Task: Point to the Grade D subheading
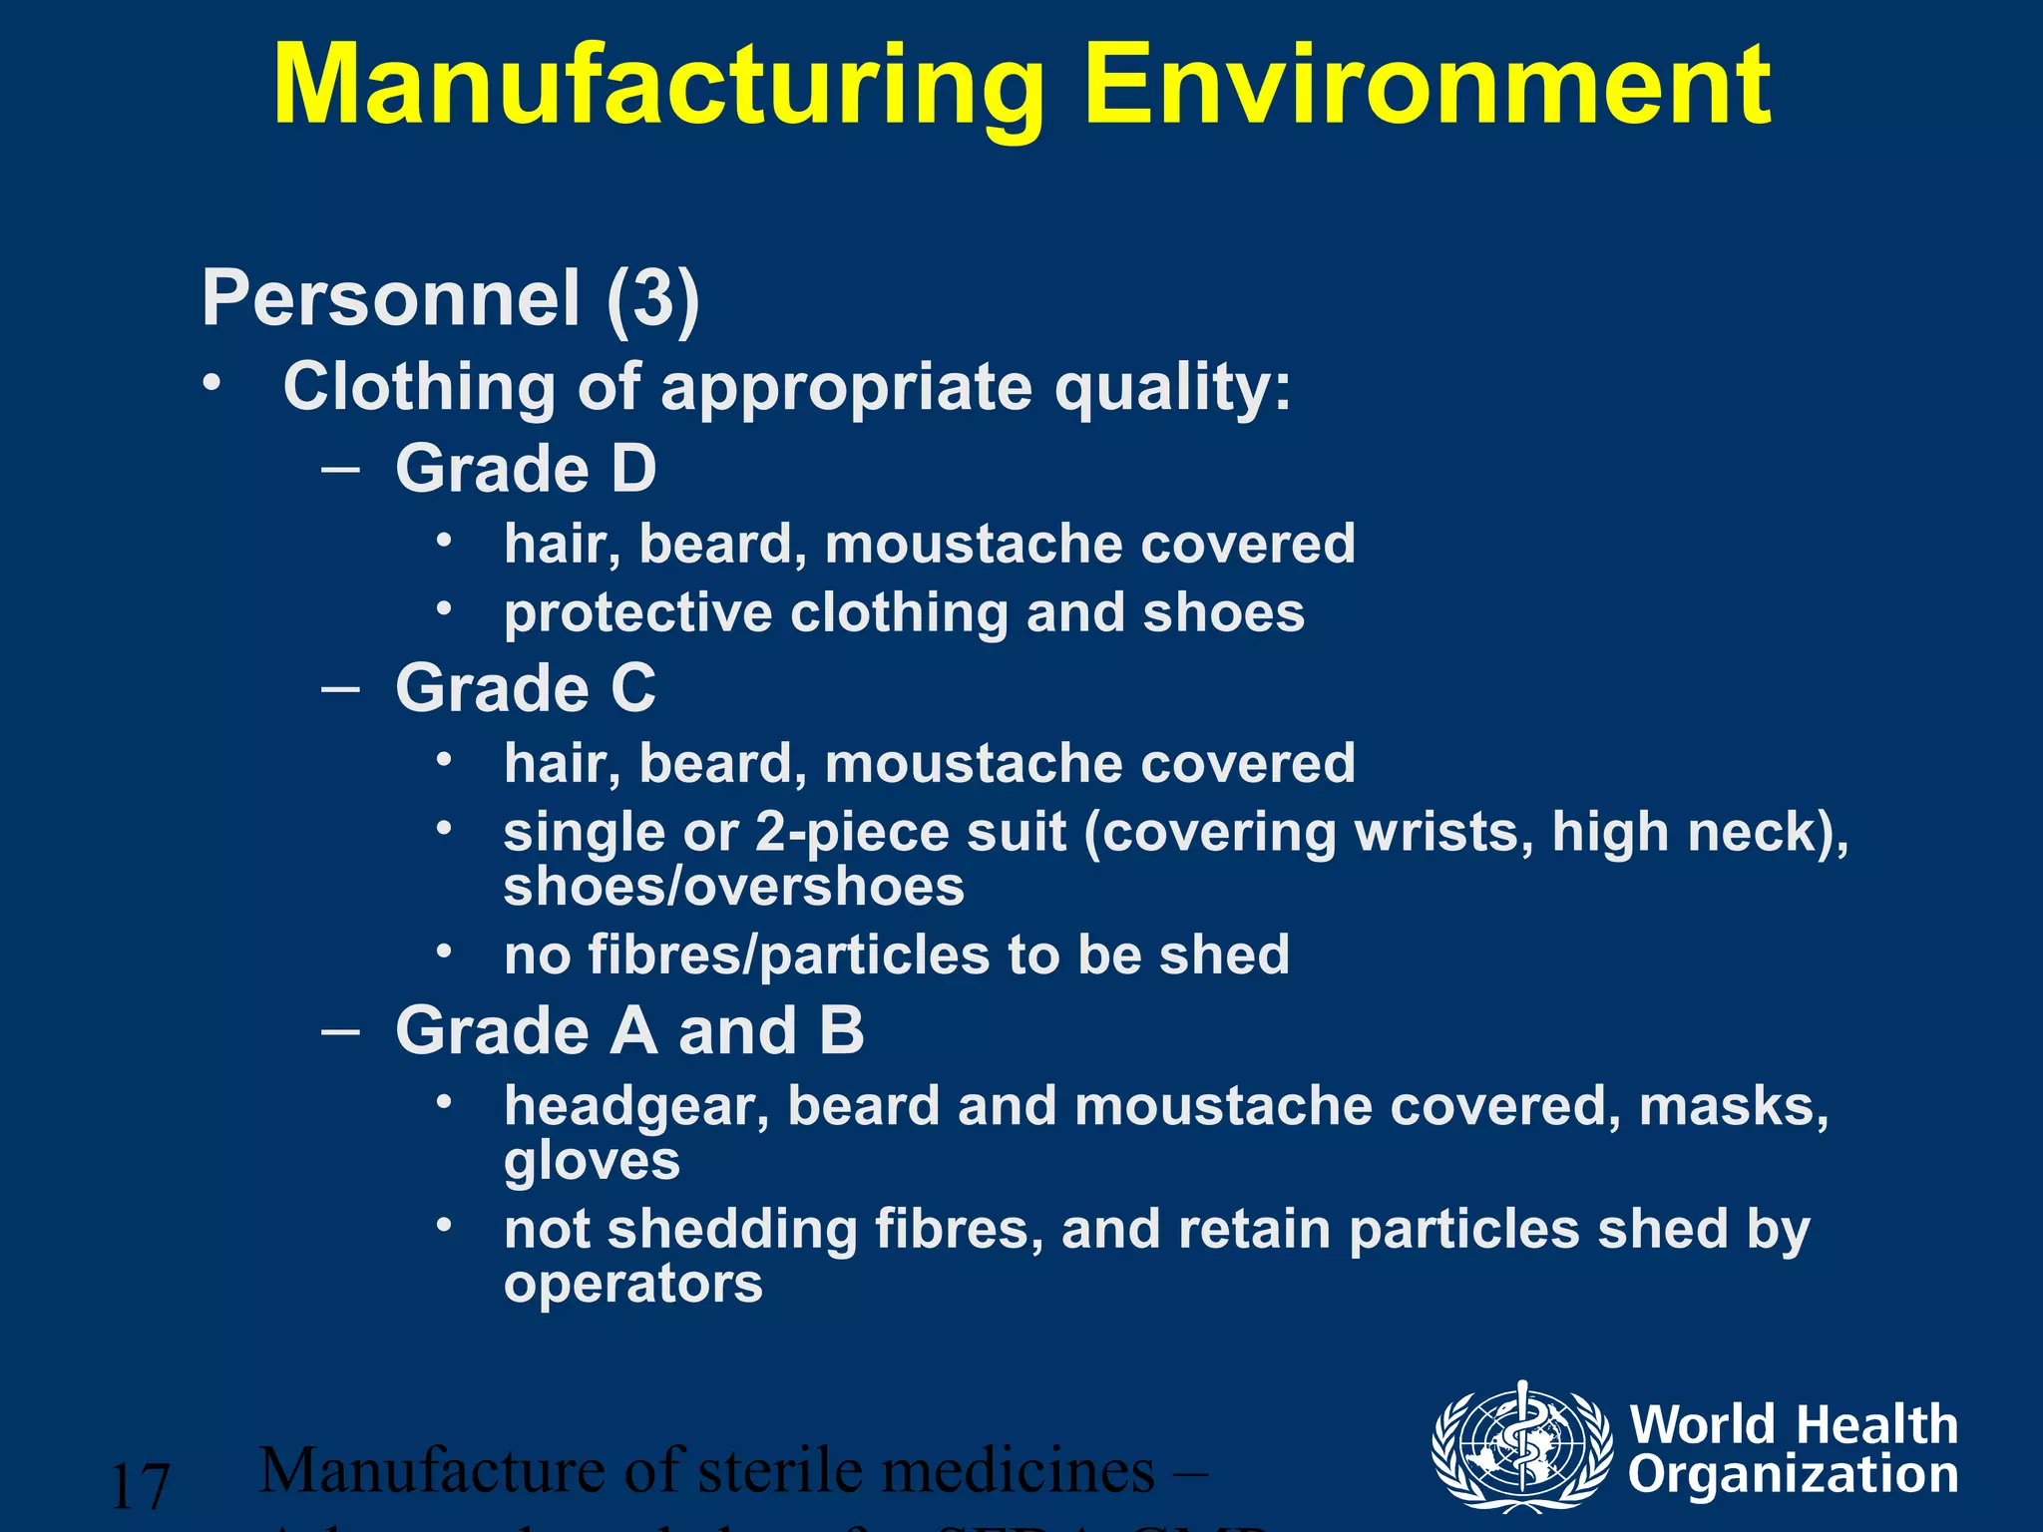526,469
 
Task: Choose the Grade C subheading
526,688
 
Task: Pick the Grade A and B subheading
629,1030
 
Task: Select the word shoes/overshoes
734,888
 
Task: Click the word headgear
636,1107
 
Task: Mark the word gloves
592,1161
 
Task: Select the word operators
633,1284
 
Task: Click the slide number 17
140,1486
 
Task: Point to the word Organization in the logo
1793,1474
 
